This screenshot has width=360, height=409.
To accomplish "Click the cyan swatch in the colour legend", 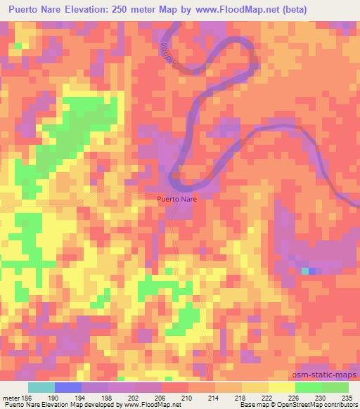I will click(x=41, y=387).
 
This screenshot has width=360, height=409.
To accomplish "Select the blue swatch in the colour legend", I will click(x=68, y=387).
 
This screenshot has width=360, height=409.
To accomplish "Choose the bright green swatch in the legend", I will click(x=309, y=387).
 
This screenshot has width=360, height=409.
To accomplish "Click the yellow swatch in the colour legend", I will click(x=282, y=387).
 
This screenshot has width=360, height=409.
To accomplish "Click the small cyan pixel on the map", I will click(x=304, y=271).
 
